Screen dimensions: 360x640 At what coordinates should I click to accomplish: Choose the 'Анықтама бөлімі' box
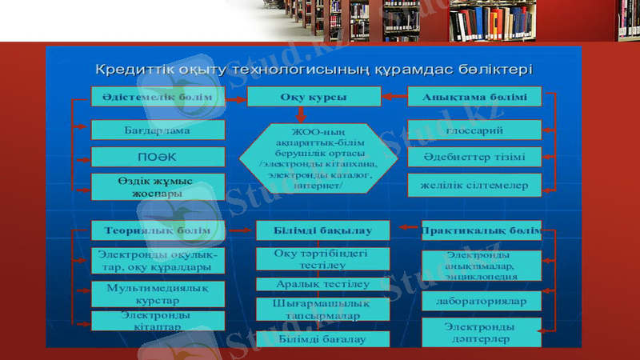point(474,97)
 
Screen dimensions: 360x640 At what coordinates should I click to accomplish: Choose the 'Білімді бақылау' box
point(322,230)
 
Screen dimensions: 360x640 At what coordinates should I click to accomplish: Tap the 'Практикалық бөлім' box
point(481,230)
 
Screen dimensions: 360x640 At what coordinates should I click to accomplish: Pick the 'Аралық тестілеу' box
point(322,284)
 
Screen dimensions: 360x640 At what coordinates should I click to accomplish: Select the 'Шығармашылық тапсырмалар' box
point(322,310)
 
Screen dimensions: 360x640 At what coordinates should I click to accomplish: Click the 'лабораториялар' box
point(481,302)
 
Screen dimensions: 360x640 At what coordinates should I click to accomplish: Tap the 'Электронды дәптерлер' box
point(481,332)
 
